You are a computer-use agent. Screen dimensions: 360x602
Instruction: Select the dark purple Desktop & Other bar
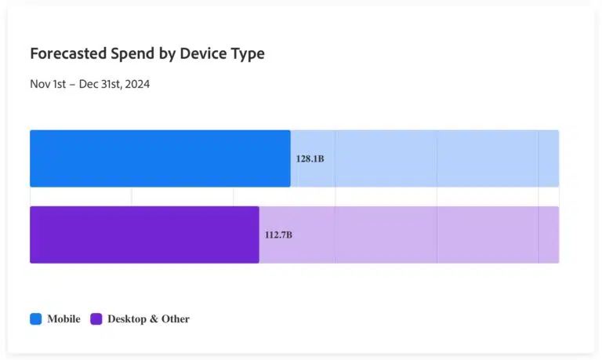[144, 235]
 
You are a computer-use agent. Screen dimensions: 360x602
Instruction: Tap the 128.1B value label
[310, 158]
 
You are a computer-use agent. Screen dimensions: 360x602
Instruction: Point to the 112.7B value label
[278, 235]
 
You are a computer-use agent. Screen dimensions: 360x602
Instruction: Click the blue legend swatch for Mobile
[36, 319]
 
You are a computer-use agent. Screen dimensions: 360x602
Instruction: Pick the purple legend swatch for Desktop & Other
[96, 319]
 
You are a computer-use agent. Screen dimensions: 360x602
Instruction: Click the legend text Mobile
[63, 319]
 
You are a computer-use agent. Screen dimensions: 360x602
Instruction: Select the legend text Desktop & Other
[148, 319]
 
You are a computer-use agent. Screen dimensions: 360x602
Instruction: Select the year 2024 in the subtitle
[136, 84]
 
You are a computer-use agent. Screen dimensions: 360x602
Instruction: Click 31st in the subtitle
[111, 84]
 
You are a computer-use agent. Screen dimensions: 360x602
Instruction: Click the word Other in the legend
[175, 319]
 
